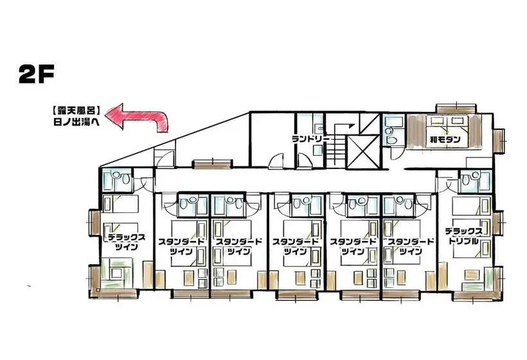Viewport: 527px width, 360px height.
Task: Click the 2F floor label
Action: (36, 75)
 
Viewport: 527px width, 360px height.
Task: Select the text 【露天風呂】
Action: (76, 110)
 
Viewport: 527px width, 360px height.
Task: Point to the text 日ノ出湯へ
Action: (76, 122)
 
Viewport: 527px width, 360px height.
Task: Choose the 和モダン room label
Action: (445, 139)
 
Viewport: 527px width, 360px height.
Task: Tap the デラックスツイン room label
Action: (127, 242)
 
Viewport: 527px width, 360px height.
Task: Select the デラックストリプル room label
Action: (464, 236)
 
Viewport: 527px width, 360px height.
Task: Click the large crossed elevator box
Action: (363, 152)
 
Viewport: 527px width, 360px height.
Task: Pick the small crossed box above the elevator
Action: (370, 123)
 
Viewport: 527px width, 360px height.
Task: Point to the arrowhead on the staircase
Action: (352, 125)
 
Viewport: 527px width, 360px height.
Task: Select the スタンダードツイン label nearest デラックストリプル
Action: (411, 247)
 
